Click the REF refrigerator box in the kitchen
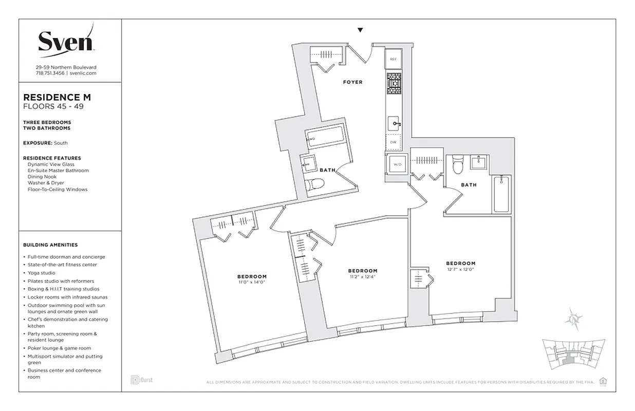(x=393, y=59)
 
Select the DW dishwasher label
(x=393, y=142)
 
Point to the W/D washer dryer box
(x=397, y=165)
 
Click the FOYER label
(x=353, y=82)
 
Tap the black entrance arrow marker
(x=360, y=30)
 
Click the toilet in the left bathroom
(x=314, y=184)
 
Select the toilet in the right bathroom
(x=458, y=165)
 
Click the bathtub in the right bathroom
(x=502, y=194)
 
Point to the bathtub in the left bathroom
(x=326, y=137)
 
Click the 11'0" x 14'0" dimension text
(x=252, y=283)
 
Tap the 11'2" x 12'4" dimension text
(x=362, y=277)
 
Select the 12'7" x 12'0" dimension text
(x=460, y=269)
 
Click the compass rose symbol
(x=573, y=319)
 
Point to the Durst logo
(x=141, y=380)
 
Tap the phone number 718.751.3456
(x=50, y=73)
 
